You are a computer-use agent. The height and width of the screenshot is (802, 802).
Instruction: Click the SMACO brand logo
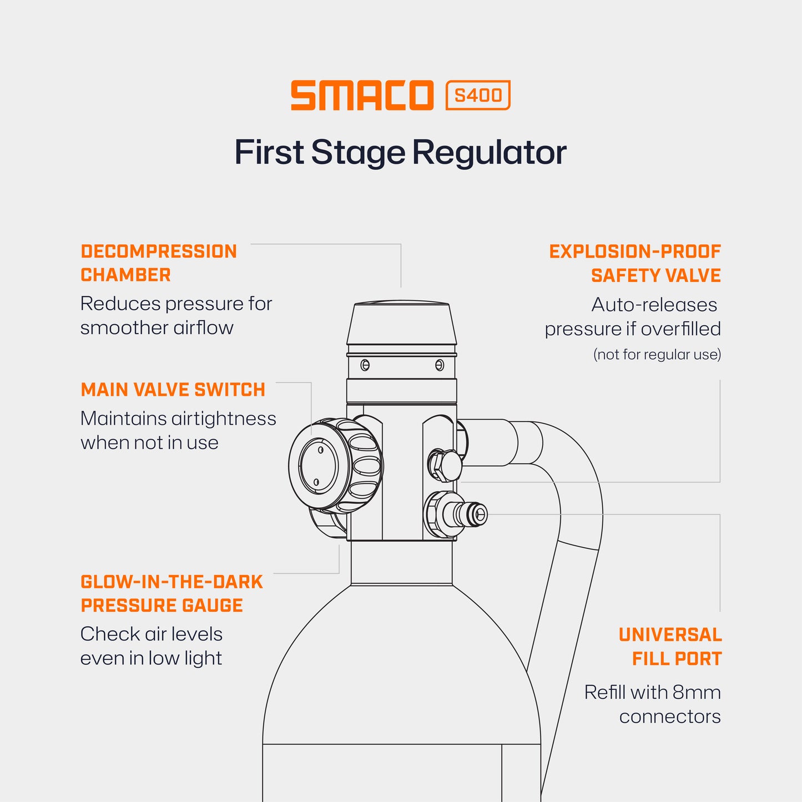362,95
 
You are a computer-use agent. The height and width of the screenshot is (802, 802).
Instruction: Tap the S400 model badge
478,95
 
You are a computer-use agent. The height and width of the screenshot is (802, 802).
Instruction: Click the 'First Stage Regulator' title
400,152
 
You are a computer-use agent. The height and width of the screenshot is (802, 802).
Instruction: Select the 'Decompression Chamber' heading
159,263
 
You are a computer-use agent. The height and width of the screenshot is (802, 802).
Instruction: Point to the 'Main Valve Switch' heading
173,390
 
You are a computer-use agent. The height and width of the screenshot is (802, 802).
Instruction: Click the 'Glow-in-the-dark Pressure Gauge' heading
172,593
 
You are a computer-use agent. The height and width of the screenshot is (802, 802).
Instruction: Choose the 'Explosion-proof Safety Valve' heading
635,263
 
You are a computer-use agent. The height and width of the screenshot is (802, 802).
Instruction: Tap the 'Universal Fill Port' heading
670,647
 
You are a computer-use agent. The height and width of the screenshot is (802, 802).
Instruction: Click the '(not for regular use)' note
657,355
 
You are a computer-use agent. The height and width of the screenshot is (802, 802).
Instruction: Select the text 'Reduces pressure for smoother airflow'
176,316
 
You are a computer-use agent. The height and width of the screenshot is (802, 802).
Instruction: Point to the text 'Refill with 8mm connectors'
653,704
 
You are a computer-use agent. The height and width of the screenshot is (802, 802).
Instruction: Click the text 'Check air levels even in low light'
152,646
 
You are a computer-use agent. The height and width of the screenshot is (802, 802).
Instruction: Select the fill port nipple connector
470,515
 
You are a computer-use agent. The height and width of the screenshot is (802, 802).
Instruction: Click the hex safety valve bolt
445,465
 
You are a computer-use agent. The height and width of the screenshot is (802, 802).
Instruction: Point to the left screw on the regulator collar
365,365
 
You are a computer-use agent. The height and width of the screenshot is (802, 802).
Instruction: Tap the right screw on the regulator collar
440,365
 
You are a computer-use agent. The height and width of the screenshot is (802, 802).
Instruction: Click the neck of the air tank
401,562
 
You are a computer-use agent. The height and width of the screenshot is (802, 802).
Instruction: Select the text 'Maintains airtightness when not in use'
178,431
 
